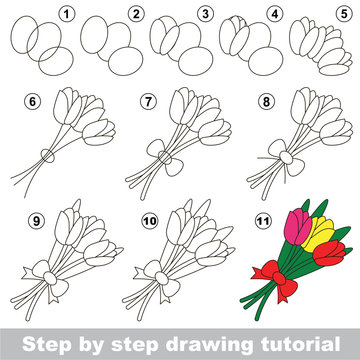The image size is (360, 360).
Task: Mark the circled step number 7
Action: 149,100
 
